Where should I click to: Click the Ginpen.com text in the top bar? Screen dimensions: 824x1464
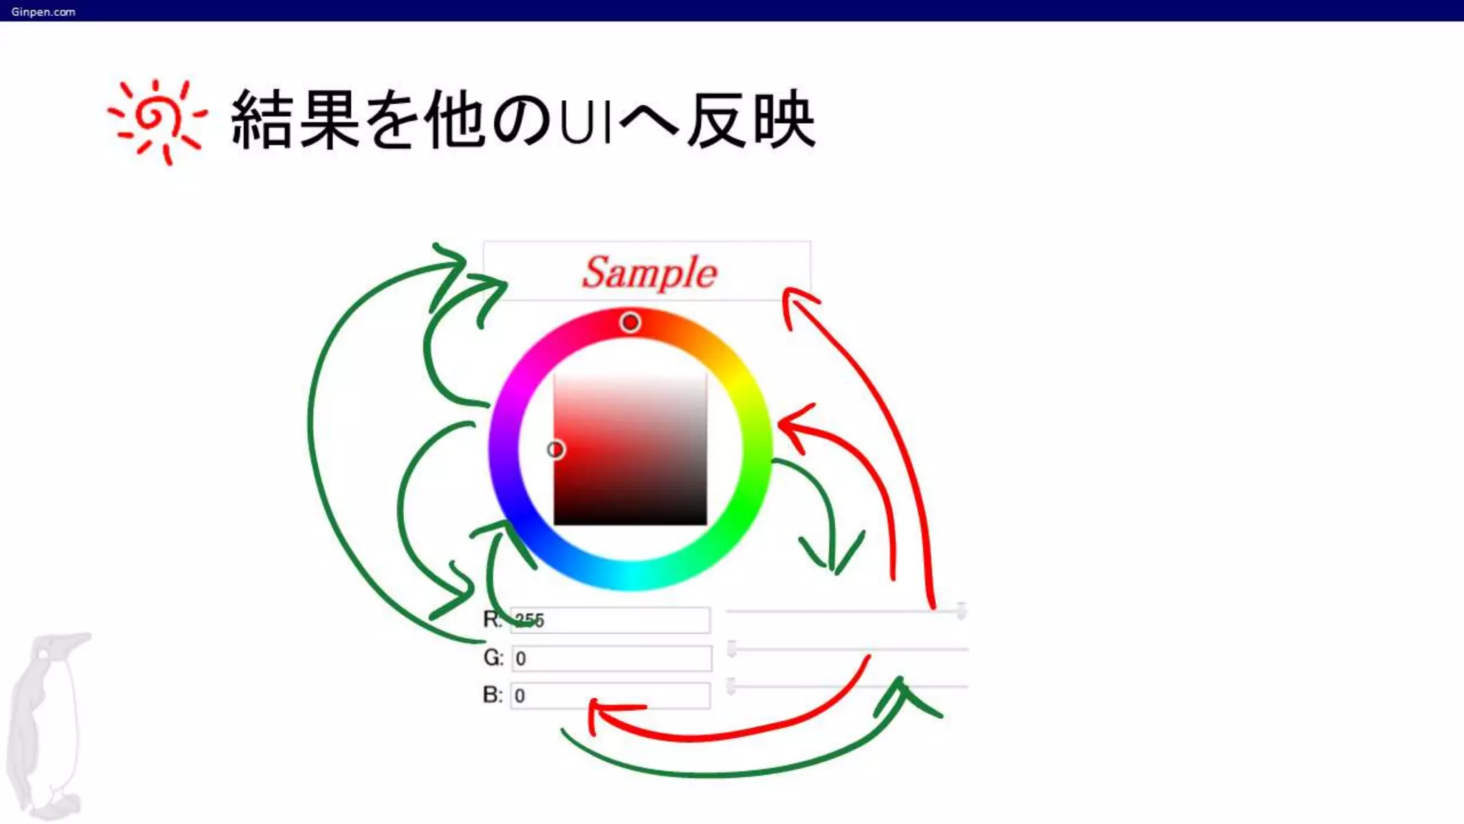[43, 11]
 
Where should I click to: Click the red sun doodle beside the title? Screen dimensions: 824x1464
[157, 120]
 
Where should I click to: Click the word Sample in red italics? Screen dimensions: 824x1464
[649, 273]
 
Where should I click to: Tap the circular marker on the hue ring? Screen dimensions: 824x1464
[630, 323]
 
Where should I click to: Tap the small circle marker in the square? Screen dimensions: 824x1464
[555, 449]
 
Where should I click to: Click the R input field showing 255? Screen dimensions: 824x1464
[610, 620]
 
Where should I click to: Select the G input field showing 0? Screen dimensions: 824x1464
[612, 658]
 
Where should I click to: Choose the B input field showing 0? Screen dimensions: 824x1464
[610, 695]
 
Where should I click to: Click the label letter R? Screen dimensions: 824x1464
[493, 619]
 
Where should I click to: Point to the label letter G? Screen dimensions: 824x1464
[493, 657]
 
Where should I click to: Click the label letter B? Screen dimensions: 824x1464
[493, 695]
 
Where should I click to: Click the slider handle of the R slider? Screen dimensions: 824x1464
[961, 611]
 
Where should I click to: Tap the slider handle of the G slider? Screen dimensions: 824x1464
[731, 649]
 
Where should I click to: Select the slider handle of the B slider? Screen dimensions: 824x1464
[731, 686]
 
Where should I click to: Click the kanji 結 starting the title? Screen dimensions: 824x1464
[261, 120]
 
